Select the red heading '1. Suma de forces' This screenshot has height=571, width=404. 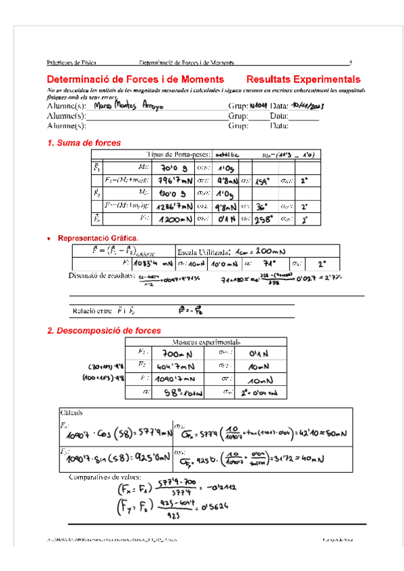84,143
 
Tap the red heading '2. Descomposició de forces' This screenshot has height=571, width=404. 104,331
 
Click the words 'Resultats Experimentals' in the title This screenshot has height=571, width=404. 303,79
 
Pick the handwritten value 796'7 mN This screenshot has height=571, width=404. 174,180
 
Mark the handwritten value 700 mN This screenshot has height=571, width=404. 177,353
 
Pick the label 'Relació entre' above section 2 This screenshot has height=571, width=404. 93,311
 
